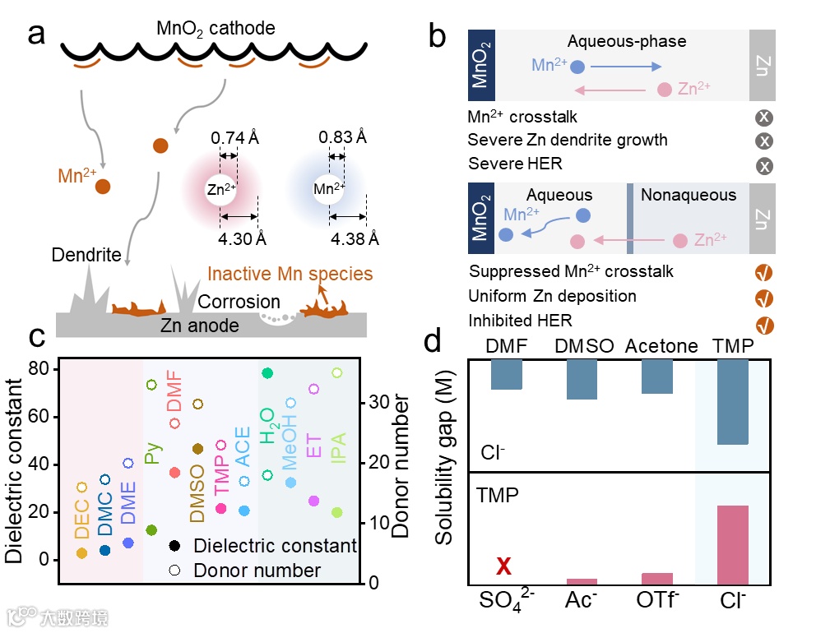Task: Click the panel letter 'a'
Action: [x=36, y=36]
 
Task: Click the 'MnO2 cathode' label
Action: [x=216, y=30]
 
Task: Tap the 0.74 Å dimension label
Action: [x=235, y=137]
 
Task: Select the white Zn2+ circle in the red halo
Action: [x=220, y=188]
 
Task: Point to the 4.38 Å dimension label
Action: [x=355, y=239]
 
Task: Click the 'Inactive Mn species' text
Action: [x=290, y=274]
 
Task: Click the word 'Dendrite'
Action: [x=86, y=255]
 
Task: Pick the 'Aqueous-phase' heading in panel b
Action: [x=626, y=41]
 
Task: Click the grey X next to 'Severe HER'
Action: [x=764, y=166]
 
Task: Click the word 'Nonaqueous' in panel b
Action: [x=689, y=195]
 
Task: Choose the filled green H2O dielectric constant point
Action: [x=267, y=373]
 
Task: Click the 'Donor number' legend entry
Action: [x=257, y=570]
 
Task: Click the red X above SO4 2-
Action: [x=503, y=566]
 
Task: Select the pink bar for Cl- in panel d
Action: [x=732, y=544]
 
